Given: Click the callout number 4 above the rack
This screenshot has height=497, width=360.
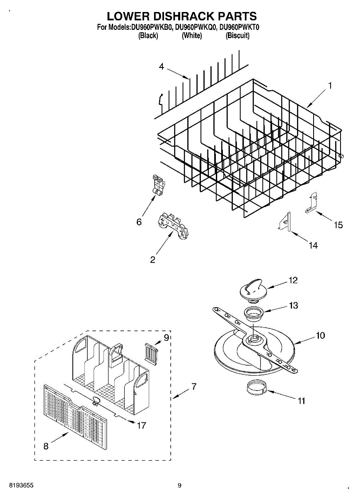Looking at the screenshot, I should (162, 66).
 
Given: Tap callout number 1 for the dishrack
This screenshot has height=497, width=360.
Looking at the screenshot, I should (330, 85).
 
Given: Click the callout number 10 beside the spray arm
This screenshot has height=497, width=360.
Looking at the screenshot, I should (320, 335).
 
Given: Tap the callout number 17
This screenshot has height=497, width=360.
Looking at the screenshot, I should (141, 425).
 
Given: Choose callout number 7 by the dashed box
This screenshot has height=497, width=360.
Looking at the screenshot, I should (193, 387).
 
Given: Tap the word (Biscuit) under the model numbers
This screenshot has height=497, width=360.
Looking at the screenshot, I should (237, 36).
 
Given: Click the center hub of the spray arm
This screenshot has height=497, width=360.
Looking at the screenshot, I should (252, 340).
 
